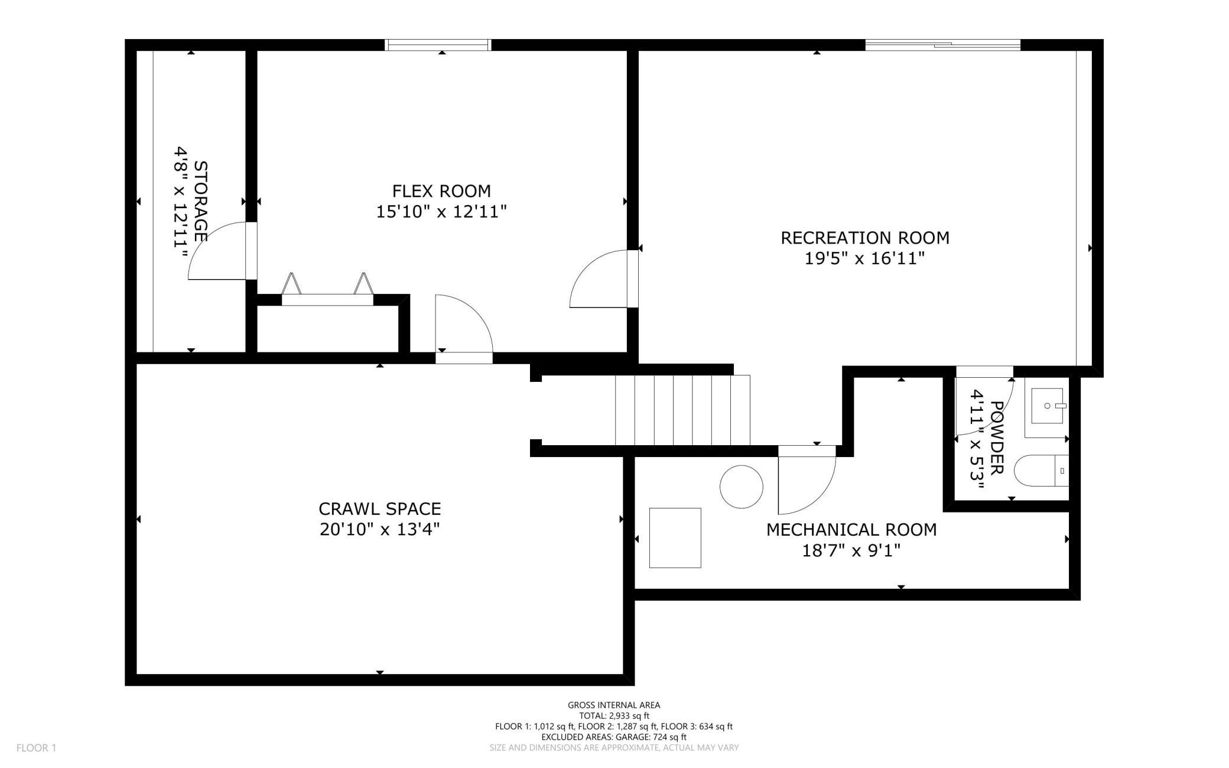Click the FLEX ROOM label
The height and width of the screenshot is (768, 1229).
tap(441, 191)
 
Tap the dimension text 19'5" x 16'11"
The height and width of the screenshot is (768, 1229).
tap(864, 258)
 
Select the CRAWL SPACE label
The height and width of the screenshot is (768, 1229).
tap(379, 508)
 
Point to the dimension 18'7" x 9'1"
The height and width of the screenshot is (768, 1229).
tap(851, 550)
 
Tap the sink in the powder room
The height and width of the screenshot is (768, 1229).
tap(1047, 406)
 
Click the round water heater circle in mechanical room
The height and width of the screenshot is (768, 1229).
tap(741, 487)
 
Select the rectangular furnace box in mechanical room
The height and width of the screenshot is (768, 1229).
tap(675, 538)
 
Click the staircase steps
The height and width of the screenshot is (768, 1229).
tap(682, 410)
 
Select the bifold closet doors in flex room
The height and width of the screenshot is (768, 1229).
tap(327, 290)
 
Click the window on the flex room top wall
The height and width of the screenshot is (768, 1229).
tap(438, 45)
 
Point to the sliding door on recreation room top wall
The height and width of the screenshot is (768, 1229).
tap(942, 45)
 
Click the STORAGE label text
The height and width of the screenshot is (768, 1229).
tap(201, 201)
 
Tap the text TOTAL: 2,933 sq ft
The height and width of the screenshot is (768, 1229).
tap(614, 715)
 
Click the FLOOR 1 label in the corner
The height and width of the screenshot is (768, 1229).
tap(36, 748)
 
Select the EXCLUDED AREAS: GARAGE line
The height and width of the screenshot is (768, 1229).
tap(614, 737)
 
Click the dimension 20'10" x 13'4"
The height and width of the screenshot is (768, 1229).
tap(379, 529)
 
